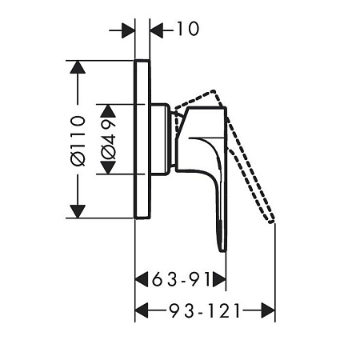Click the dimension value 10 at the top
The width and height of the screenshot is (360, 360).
[x=188, y=29]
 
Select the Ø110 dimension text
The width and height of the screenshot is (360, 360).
[x=78, y=141]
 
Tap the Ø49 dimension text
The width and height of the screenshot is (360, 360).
[x=109, y=140]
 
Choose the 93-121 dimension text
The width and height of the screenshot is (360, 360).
[x=205, y=310]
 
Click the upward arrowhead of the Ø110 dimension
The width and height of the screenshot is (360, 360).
[x=78, y=67]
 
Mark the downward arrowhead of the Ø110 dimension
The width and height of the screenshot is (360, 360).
[x=78, y=211]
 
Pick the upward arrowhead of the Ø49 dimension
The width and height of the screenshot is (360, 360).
[x=108, y=111]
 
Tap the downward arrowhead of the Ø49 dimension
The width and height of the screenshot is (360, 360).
[x=108, y=167]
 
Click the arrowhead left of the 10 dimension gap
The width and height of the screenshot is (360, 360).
[x=128, y=30]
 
